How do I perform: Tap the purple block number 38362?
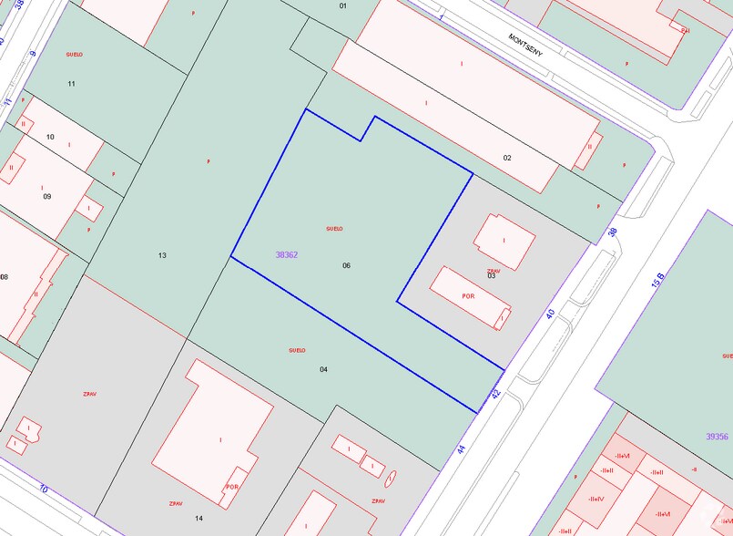(287, 255)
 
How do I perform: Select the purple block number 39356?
(717, 437)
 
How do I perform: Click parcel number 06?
(346, 265)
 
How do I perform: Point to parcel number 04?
(323, 369)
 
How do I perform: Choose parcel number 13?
(162, 255)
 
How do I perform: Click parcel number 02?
(507, 158)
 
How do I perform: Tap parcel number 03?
(491, 275)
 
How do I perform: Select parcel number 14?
(199, 518)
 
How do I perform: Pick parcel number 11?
(71, 84)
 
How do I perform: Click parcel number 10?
(50, 138)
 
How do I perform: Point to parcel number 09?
(46, 196)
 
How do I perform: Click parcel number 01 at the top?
(343, 6)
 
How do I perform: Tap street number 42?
(495, 393)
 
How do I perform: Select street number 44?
(462, 448)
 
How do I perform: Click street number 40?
(550, 314)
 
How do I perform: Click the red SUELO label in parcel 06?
(334, 228)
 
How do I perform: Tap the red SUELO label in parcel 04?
(297, 350)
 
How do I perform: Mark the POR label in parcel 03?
(469, 296)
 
